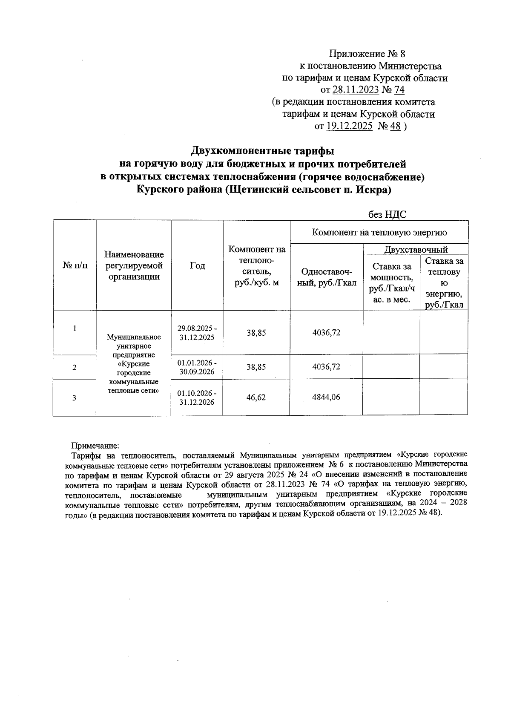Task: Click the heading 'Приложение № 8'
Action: (367, 54)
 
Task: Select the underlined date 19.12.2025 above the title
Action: (349, 126)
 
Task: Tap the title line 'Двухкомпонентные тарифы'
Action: (262, 151)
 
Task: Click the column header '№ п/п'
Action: (75, 265)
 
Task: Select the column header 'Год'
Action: (197, 265)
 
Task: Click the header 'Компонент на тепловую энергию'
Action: (379, 232)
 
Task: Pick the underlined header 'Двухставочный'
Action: (416, 250)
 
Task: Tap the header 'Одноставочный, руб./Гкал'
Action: (327, 277)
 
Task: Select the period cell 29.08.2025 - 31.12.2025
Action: (197, 333)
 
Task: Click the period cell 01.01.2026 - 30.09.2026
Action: (197, 367)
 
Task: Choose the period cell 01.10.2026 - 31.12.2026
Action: (197, 398)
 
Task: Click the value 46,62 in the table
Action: (256, 398)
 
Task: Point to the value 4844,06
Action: (326, 398)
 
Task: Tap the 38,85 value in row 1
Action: (256, 333)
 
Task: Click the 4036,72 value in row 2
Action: (326, 367)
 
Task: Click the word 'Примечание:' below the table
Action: (95, 446)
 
